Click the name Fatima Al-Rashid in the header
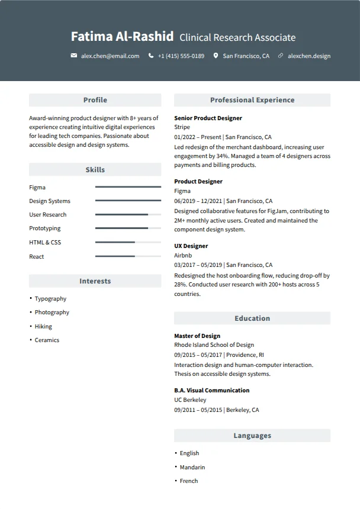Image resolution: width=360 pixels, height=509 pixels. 122,37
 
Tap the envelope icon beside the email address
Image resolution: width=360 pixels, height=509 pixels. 74,56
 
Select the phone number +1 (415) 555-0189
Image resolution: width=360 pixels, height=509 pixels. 181,56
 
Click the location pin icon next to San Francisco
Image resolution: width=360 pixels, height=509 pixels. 216,56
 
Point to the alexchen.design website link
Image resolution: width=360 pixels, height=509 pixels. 308,56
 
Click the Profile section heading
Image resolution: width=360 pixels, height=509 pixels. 95,100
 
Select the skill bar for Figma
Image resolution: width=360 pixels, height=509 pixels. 128,187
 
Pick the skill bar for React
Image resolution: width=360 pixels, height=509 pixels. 128,256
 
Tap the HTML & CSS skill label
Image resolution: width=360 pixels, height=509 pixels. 45,243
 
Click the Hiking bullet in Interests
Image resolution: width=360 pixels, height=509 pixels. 43,326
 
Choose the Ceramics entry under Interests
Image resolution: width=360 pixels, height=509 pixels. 47,340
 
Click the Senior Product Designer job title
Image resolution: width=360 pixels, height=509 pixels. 208,118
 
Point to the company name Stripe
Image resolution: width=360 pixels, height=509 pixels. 182,127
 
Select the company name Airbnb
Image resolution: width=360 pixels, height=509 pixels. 183,255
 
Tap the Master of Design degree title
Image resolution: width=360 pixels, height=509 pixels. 197,336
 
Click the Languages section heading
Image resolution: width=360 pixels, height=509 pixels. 252,436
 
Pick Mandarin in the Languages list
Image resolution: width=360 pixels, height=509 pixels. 192,467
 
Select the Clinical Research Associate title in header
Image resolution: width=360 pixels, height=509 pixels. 237,37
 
